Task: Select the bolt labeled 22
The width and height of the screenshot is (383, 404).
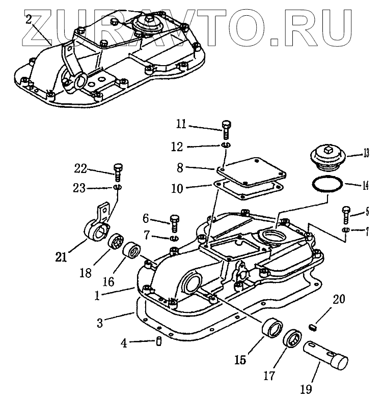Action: tap(117, 172)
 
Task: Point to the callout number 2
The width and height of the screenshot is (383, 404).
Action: tap(30, 19)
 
